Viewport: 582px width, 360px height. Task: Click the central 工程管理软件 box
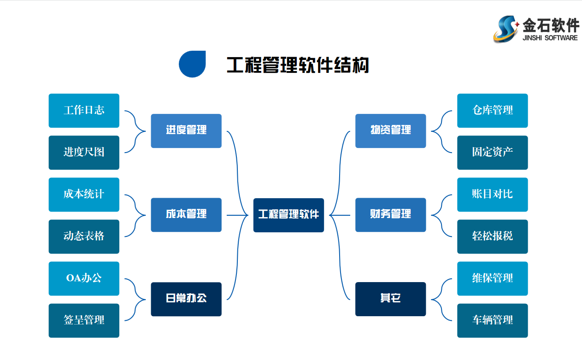[288, 215]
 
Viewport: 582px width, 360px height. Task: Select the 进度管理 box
[186, 131]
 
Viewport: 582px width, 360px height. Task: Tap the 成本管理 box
[186, 215]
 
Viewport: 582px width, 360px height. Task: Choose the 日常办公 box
[186, 299]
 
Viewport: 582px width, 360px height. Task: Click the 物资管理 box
[390, 131]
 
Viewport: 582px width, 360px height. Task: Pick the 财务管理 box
[390, 215]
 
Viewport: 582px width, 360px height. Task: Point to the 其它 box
[390, 299]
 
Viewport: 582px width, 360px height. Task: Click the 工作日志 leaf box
[84, 111]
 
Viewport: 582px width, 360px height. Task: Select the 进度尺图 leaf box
[84, 153]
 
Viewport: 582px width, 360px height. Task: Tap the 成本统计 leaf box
[84, 195]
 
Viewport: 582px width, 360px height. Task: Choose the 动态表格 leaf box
[84, 236]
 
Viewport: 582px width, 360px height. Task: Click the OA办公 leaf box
[84, 278]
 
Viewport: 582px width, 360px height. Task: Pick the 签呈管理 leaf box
[84, 320]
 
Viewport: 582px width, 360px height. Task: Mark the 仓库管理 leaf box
[492, 111]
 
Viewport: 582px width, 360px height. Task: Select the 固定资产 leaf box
[492, 153]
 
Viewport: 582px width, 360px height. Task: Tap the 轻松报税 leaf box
[492, 236]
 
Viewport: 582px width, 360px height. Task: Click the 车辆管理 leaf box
[492, 320]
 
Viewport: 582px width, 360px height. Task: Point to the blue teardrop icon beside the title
[192, 64]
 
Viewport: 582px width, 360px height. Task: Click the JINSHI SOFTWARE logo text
[550, 38]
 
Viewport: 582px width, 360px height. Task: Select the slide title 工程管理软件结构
[298, 65]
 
